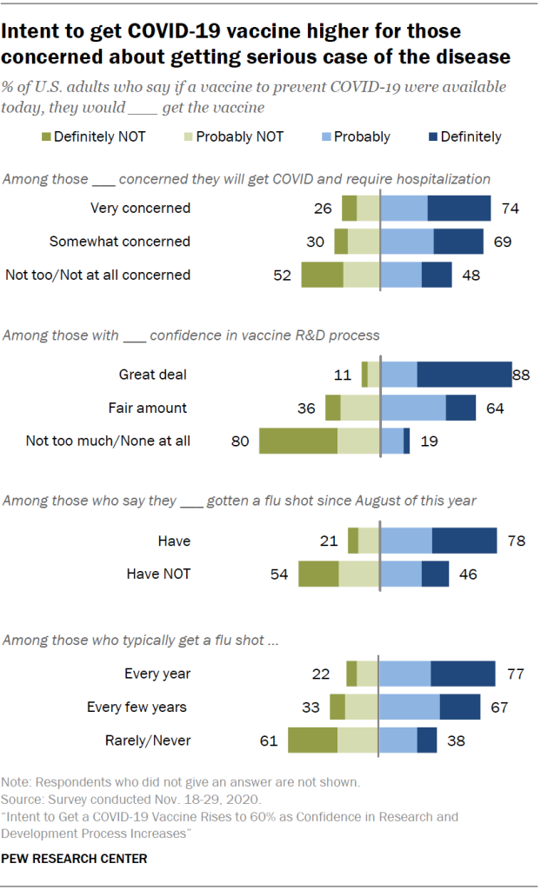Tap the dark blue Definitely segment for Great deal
tap(464, 375)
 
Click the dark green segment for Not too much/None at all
tap(298, 441)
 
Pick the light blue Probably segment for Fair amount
tap(413, 408)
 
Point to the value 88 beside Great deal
tap(521, 375)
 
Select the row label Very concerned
tap(140, 208)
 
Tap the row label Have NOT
tap(158, 575)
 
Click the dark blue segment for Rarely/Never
tap(426, 741)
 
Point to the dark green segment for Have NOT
tap(318, 575)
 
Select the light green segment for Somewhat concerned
tap(364, 241)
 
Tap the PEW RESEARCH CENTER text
tap(75, 859)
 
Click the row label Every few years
tap(137, 707)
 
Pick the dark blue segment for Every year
tap(463, 674)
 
